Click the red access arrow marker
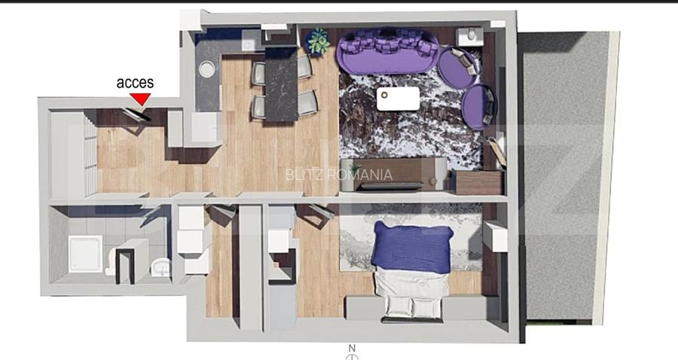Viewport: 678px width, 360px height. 141,99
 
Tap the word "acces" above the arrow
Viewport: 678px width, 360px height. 135,83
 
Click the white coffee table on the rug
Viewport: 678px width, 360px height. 398,99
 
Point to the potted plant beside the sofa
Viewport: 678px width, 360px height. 318,41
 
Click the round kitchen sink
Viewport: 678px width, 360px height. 206,69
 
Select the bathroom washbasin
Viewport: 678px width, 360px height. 160,267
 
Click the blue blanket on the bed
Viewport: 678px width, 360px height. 412,248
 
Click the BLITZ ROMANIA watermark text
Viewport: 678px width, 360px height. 338,175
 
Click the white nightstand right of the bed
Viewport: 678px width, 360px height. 496,236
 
